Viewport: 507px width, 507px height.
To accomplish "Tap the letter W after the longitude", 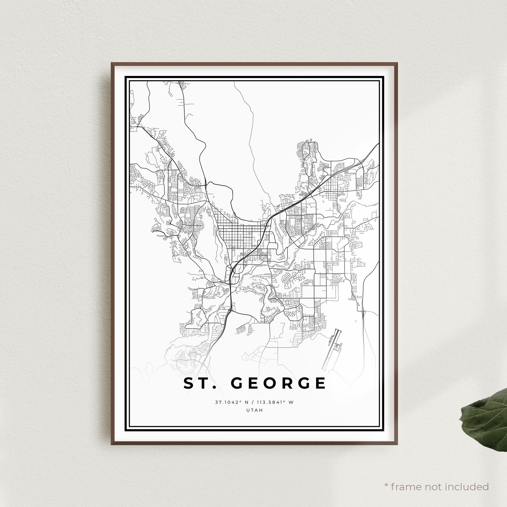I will (x=291, y=410).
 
